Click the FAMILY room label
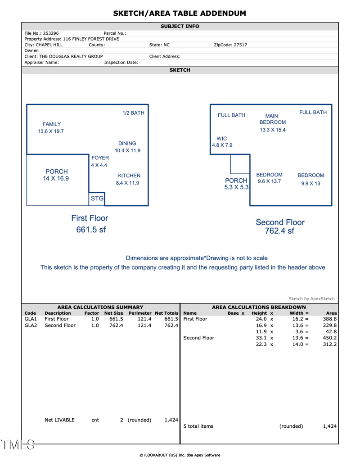(x=52, y=124)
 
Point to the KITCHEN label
(x=129, y=176)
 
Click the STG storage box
(x=97, y=198)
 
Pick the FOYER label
(x=100, y=158)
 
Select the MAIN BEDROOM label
(x=272, y=119)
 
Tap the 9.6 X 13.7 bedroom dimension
(x=269, y=181)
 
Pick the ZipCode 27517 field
(x=230, y=45)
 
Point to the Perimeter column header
(x=140, y=313)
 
